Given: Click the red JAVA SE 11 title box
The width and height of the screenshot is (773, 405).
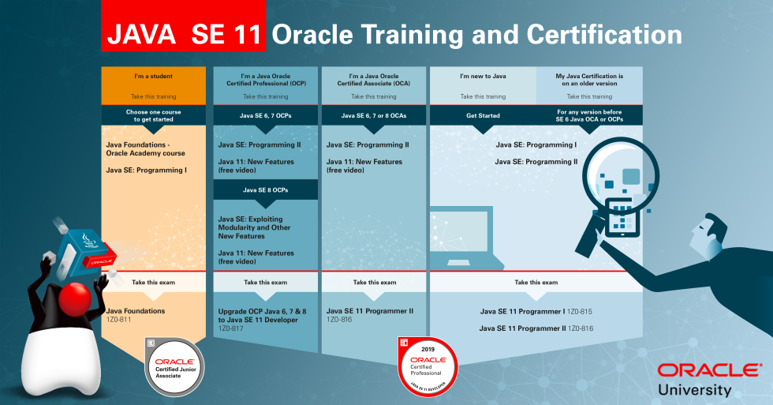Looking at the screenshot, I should pyautogui.click(x=183, y=35).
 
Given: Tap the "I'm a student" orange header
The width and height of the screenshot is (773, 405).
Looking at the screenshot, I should pyautogui.click(x=154, y=77).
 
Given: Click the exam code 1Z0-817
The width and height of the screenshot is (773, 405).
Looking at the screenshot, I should pyautogui.click(x=232, y=328).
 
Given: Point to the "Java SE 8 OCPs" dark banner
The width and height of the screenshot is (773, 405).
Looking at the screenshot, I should pyautogui.click(x=265, y=189).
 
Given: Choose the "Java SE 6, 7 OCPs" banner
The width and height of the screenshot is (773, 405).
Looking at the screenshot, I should pyautogui.click(x=265, y=115).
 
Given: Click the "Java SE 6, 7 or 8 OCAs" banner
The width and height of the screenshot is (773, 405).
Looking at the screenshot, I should pyautogui.click(x=374, y=115).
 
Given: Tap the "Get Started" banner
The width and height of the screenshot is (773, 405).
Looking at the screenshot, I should pyautogui.click(x=483, y=115).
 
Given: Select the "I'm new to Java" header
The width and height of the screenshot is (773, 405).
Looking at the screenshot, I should pyautogui.click(x=483, y=77).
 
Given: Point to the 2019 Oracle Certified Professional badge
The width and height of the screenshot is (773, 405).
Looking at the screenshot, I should pyautogui.click(x=428, y=363).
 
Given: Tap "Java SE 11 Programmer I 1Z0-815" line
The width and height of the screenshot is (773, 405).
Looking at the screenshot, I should pyautogui.click(x=536, y=312).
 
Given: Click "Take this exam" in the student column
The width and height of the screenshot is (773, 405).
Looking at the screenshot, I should pyautogui.click(x=154, y=282).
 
